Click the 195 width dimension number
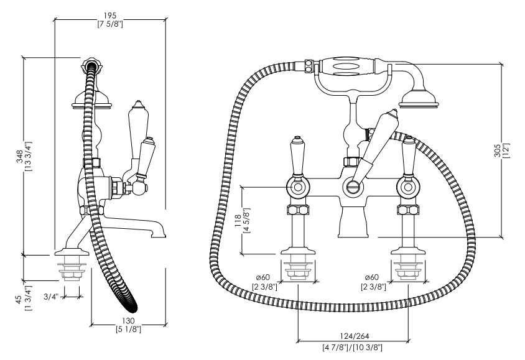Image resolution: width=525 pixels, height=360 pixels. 110,16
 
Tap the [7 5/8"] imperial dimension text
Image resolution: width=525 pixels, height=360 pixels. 110,24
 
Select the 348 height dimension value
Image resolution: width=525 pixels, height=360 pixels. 20,157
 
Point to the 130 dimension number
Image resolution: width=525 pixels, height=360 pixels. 128,321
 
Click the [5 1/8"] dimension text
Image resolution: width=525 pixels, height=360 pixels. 129,330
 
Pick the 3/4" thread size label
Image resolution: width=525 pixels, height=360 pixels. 51,297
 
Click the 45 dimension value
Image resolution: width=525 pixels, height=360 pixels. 19,298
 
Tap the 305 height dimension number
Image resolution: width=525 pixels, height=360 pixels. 497,150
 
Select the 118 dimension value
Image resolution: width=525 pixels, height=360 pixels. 238,221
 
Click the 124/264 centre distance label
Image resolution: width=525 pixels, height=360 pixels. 355,336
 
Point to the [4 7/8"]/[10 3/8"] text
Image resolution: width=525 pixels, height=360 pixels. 352,348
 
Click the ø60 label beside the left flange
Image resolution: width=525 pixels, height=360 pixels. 263,277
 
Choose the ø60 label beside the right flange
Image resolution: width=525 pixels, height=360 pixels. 372,277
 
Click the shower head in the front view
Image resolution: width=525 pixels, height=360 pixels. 418,99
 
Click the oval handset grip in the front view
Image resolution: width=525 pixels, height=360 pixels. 347,67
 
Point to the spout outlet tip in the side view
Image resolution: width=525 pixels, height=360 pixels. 159,236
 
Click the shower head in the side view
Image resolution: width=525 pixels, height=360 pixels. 91,100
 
